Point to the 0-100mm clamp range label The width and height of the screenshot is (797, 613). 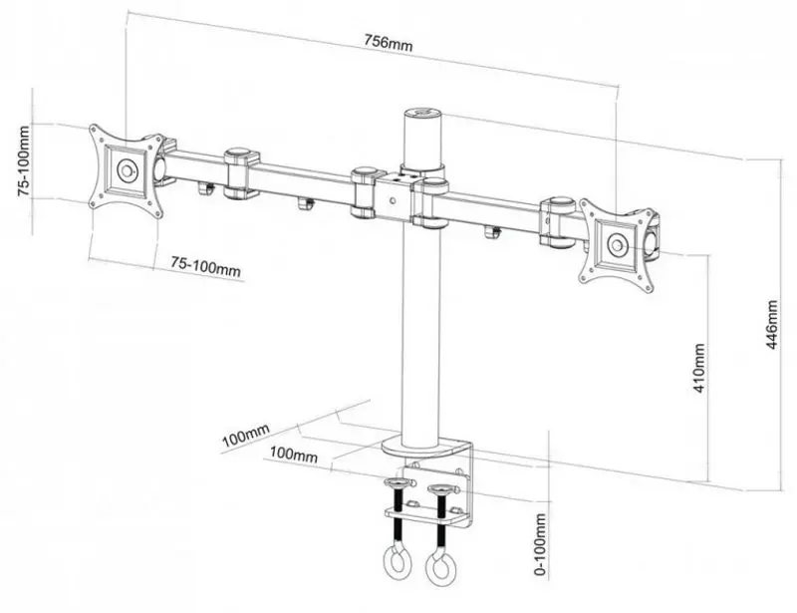pos(540,544)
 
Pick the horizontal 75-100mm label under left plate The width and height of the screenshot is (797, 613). pos(204,267)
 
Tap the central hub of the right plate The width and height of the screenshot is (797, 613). pos(619,243)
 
